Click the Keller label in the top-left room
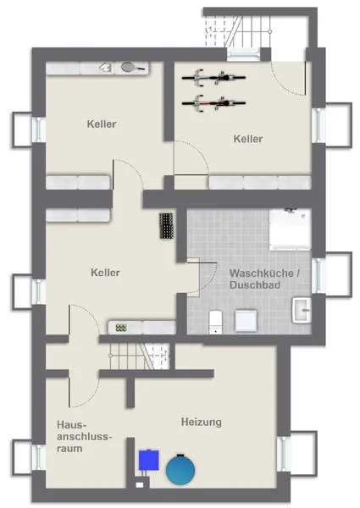102,124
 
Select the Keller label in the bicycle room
248,138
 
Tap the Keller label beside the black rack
106,273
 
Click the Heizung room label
201,421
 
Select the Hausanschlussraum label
70,435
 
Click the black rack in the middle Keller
166,225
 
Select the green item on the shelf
122,327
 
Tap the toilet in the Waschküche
215,320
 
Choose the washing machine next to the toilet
245,320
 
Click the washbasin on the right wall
302,311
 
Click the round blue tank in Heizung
181,468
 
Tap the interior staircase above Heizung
136,356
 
